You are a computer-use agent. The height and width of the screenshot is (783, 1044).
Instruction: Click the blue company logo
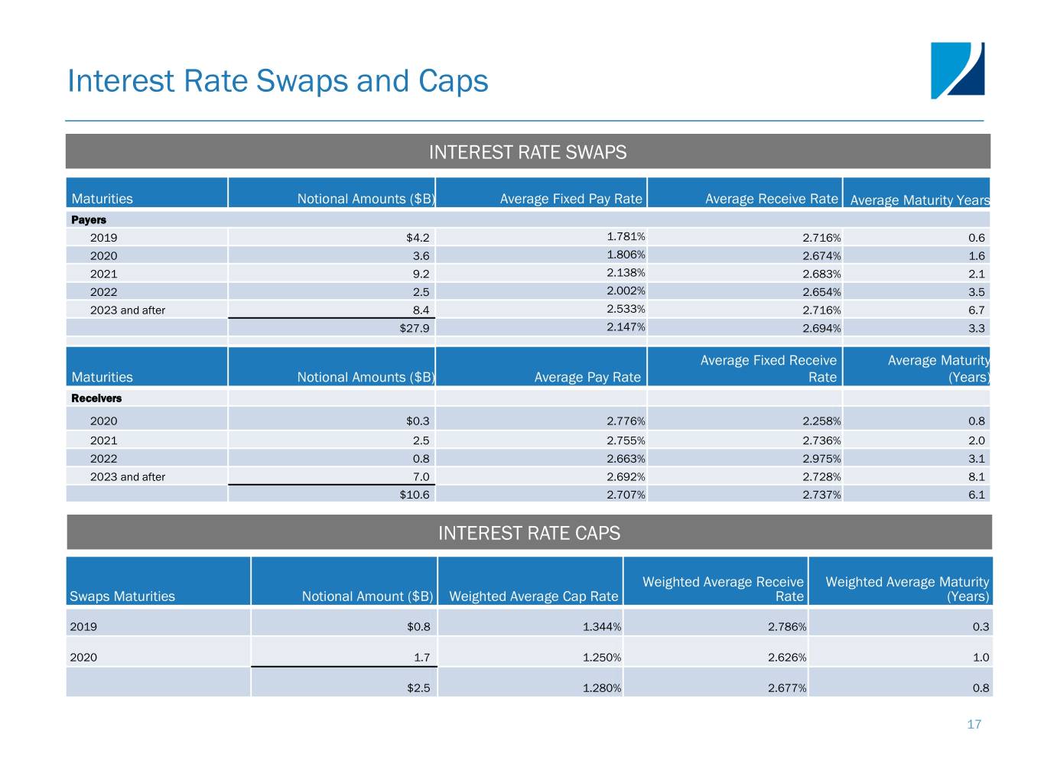tap(957, 70)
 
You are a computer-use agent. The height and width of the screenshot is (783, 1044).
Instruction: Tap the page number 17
tap(974, 724)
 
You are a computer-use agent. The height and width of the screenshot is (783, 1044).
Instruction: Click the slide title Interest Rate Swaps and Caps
tap(278, 81)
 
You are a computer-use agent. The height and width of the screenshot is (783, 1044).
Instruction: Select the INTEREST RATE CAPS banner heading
tap(529, 533)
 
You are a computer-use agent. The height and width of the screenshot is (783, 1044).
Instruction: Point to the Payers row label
tap(89, 219)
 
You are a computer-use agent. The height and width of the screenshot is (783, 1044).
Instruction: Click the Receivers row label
tap(96, 398)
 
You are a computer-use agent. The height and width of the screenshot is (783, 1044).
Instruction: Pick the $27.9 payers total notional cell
tap(415, 328)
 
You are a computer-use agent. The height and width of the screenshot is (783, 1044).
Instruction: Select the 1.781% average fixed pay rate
tap(626, 236)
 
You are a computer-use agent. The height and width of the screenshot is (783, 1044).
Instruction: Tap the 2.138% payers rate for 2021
tap(626, 272)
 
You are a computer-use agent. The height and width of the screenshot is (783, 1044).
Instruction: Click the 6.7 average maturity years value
tap(977, 310)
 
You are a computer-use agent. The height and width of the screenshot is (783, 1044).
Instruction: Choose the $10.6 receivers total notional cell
tap(415, 495)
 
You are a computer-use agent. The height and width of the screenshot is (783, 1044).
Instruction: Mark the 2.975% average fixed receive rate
tap(821, 459)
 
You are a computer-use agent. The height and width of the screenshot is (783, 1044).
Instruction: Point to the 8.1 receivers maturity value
tap(977, 477)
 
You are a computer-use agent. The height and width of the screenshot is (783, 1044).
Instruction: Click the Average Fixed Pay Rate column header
tap(571, 199)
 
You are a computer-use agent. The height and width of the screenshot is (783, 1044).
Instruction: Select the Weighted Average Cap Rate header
tap(534, 596)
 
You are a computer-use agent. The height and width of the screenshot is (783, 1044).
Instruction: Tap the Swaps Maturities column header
tap(122, 596)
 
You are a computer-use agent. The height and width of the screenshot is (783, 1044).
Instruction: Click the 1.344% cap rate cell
tap(602, 626)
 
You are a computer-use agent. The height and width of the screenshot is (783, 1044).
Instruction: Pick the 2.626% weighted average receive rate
tap(787, 658)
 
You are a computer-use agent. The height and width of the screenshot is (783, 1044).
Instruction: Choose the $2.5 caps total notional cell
tap(418, 688)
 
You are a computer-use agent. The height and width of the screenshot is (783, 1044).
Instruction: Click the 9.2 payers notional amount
tap(421, 275)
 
